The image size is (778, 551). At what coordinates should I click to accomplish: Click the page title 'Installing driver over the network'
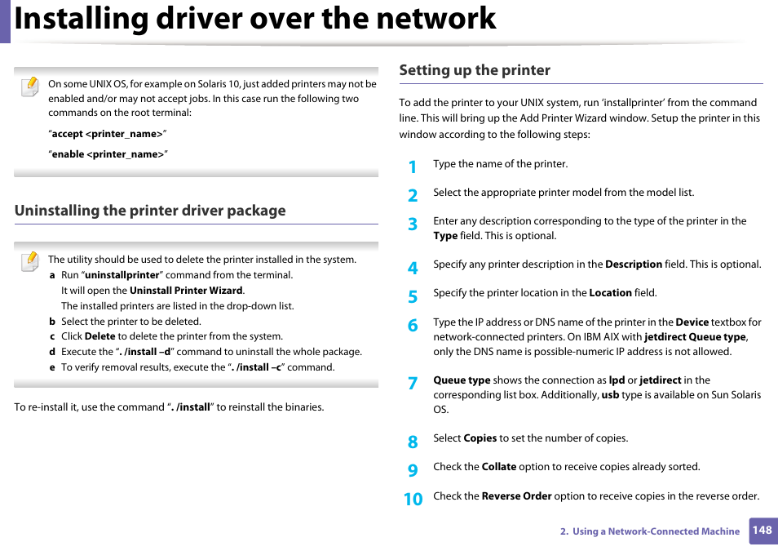(x=255, y=20)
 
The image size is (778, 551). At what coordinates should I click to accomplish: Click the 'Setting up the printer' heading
(x=475, y=70)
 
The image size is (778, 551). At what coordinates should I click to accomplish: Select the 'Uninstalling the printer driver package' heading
(x=150, y=211)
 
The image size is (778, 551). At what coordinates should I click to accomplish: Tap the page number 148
(x=762, y=530)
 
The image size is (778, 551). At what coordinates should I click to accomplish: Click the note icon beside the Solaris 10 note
(x=29, y=86)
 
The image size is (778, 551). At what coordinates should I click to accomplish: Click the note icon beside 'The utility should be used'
(x=29, y=261)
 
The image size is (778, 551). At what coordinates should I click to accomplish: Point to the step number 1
(x=413, y=167)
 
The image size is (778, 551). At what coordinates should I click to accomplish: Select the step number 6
(x=413, y=326)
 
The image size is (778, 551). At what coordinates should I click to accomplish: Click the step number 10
(x=413, y=499)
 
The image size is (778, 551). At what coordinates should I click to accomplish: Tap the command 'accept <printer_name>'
(x=108, y=134)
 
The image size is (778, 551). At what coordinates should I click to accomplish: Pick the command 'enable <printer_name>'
(x=108, y=154)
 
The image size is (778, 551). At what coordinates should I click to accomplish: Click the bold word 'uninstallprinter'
(x=122, y=275)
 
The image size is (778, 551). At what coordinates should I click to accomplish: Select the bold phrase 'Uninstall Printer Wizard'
(x=186, y=291)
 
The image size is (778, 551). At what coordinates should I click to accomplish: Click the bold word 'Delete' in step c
(x=99, y=336)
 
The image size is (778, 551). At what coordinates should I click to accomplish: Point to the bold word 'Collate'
(x=498, y=467)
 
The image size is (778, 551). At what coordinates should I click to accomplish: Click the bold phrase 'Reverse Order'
(x=516, y=496)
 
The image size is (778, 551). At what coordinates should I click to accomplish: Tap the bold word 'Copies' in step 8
(x=480, y=438)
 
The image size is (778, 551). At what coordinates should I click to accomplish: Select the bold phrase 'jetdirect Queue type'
(x=695, y=337)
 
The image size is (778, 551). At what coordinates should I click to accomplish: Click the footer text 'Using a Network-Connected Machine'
(x=656, y=531)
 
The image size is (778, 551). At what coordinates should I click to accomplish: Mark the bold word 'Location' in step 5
(x=610, y=293)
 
